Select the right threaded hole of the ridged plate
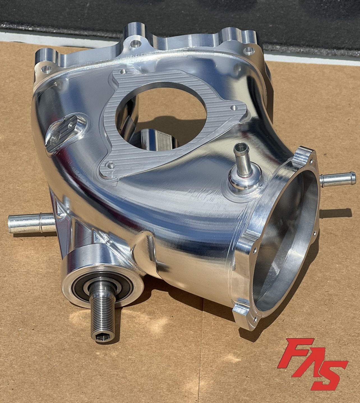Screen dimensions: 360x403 pos(233,107)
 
